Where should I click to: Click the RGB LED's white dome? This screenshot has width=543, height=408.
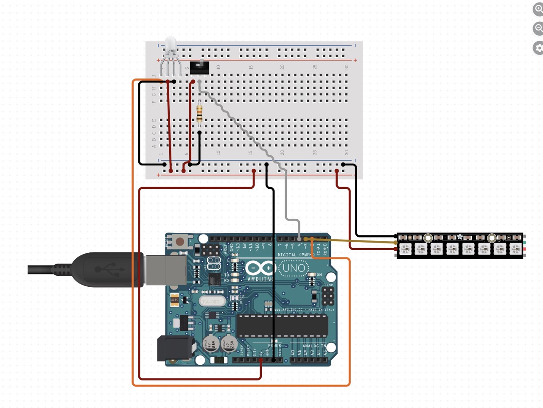click(171, 44)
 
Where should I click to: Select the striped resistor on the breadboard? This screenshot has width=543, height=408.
click(199, 113)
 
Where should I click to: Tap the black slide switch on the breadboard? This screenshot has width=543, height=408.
click(199, 67)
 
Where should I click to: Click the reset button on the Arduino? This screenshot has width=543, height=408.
click(180, 242)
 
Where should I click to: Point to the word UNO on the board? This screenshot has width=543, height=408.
click(294, 268)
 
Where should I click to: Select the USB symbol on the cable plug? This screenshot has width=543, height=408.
click(104, 269)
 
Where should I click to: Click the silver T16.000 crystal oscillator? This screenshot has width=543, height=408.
click(211, 302)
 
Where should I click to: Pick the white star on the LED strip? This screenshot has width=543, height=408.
click(460, 237)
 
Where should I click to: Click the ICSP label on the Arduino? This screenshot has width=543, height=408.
click(329, 285)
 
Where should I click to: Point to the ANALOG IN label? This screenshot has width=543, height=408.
click(314, 346)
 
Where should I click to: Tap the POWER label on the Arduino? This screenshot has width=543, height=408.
click(274, 346)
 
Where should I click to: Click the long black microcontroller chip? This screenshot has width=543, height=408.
click(282, 325)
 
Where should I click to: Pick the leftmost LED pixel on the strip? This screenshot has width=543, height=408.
click(405, 249)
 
